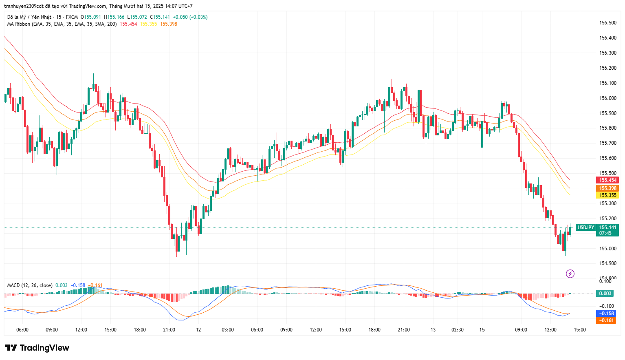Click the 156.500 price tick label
coord(607,23)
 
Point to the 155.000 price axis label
coord(607,248)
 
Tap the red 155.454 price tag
coord(607,180)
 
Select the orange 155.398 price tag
coord(607,188)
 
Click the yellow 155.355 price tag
coord(607,195)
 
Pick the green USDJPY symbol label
coord(585,227)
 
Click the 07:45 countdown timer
coord(605,233)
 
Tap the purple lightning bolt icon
coord(570,274)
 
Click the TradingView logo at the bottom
coord(37,348)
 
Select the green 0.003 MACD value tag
coord(605,294)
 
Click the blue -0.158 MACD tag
coord(606,314)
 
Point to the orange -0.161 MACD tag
coord(606,320)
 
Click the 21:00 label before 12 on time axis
coord(169,330)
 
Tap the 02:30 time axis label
coord(458,330)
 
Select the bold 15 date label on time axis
coord(482,330)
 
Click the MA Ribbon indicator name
coord(19,24)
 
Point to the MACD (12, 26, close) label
coord(30,285)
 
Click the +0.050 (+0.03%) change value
coord(190,17)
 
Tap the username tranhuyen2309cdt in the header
coord(24,6)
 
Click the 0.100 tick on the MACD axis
coord(605,281)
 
